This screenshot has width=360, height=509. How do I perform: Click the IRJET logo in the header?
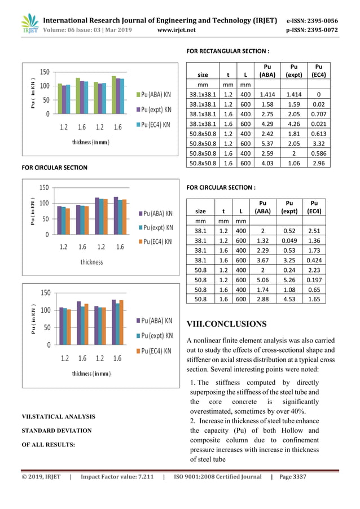tap(29, 24)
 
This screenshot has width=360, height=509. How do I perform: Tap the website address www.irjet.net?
tap(177, 30)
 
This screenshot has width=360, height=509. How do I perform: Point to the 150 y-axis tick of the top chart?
tap(45, 72)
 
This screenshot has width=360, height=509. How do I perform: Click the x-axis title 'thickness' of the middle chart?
tap(91, 262)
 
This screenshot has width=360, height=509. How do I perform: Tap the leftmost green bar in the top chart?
tap(60, 99)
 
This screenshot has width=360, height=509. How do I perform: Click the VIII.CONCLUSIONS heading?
tap(226, 324)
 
